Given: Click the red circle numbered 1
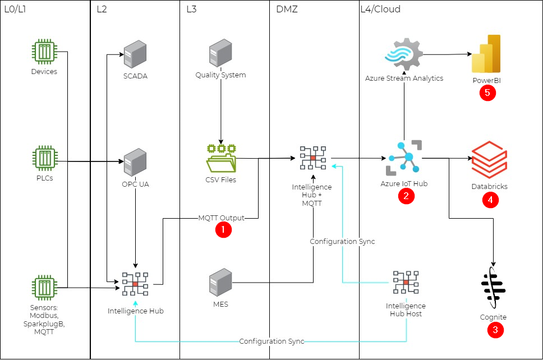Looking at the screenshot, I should pyautogui.click(x=223, y=230).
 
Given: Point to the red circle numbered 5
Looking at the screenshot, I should pyautogui.click(x=486, y=93).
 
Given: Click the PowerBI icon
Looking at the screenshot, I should pyautogui.click(x=486, y=54).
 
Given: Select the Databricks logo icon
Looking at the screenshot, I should pyautogui.click(x=489, y=160).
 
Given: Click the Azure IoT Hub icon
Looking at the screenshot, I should pyautogui.click(x=405, y=159).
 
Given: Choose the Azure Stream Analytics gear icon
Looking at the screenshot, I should pyautogui.click(x=403, y=54).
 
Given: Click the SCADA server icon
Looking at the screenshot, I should pyautogui.click(x=135, y=54).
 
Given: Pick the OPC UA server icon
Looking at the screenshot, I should pyautogui.click(x=135, y=162).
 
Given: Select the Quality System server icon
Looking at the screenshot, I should pyautogui.click(x=220, y=53).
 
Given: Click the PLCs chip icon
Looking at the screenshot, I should pyautogui.click(x=44, y=159).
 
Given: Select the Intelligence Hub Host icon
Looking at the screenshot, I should pyautogui.click(x=406, y=283).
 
